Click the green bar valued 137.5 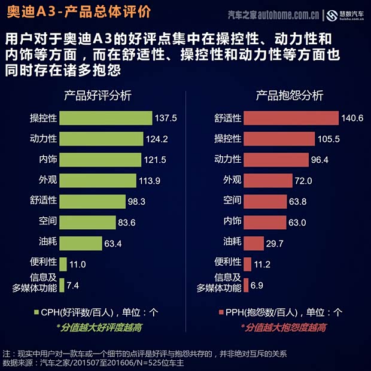tap(106, 118)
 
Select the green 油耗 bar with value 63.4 tap(81, 243)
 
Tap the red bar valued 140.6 tap(291, 118)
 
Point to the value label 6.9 tap(257, 285)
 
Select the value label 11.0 tap(78, 264)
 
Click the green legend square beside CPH tap(36, 312)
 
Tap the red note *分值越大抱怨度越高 tap(284, 327)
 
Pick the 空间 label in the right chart tap(233, 201)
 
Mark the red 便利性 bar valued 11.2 tap(247, 264)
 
